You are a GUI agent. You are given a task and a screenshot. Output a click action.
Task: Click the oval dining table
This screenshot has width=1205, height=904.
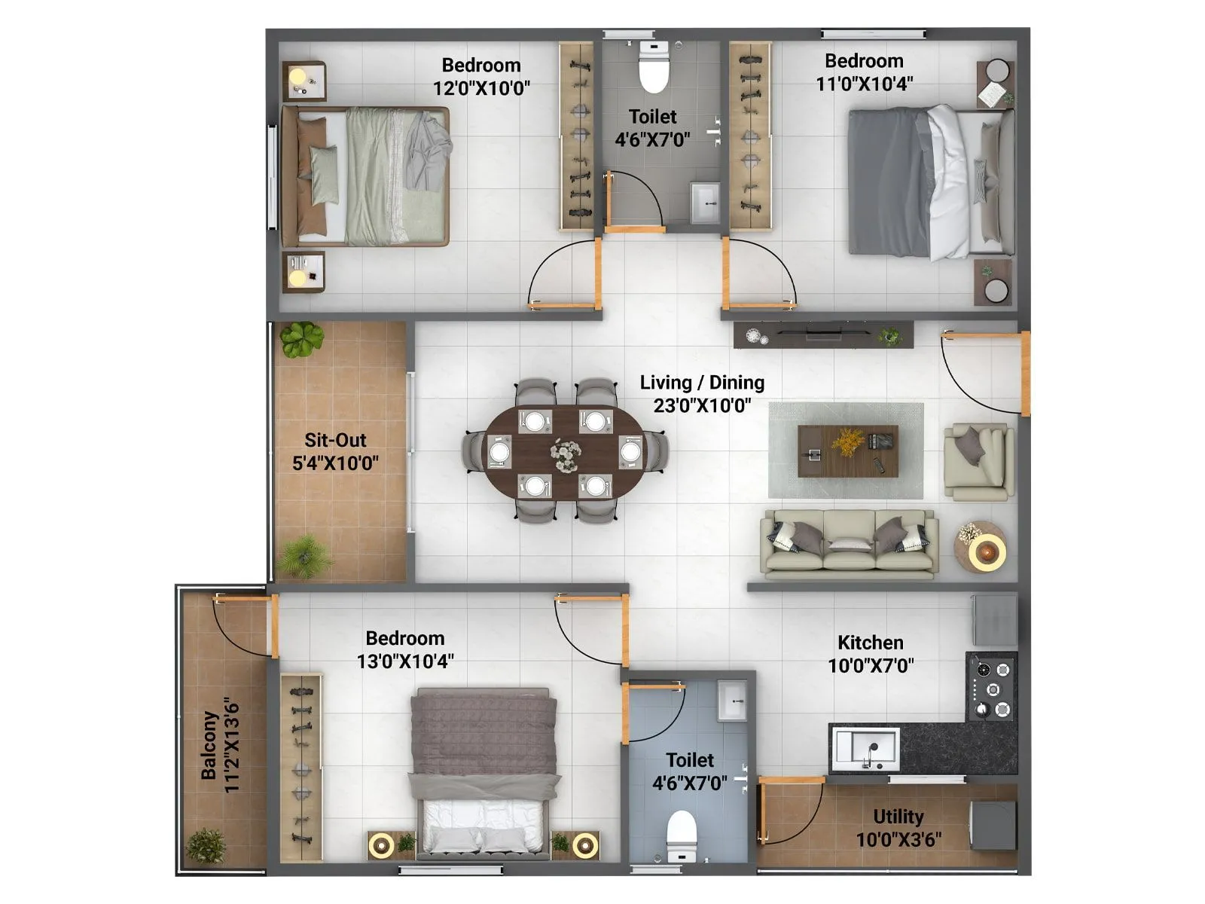pyautogui.click(x=565, y=453)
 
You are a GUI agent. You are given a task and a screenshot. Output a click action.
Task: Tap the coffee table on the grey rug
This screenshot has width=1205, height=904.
pyautogui.click(x=847, y=451)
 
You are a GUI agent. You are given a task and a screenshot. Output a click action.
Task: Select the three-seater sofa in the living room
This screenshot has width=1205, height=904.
pyautogui.click(x=850, y=545)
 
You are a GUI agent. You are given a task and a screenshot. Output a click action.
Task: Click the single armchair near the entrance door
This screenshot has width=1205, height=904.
pyautogui.click(x=978, y=462)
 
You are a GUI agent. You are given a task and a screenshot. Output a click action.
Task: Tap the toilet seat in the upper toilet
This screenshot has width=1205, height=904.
pyautogui.click(x=654, y=68)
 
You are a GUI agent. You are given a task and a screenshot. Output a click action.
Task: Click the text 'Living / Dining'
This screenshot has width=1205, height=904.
pyautogui.click(x=702, y=383)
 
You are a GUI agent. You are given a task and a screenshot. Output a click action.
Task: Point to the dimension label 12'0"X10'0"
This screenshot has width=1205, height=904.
pyautogui.click(x=481, y=88)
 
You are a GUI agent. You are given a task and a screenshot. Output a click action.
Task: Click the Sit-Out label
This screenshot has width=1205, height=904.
pyautogui.click(x=335, y=440)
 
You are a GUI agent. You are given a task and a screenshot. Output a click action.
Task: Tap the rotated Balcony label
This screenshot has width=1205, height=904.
pyautogui.click(x=209, y=746)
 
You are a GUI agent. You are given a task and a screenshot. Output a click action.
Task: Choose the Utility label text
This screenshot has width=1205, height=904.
pyautogui.click(x=898, y=817)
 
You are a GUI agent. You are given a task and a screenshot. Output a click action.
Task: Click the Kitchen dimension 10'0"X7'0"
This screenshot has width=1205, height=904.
pyautogui.click(x=871, y=666)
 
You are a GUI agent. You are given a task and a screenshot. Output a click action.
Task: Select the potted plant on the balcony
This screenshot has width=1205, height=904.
pyautogui.click(x=206, y=845)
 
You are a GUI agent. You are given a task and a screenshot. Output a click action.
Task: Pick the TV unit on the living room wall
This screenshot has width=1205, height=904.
pyautogui.click(x=822, y=334)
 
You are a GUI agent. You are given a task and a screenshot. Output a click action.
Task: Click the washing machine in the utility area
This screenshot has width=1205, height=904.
pyautogui.click(x=993, y=825)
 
